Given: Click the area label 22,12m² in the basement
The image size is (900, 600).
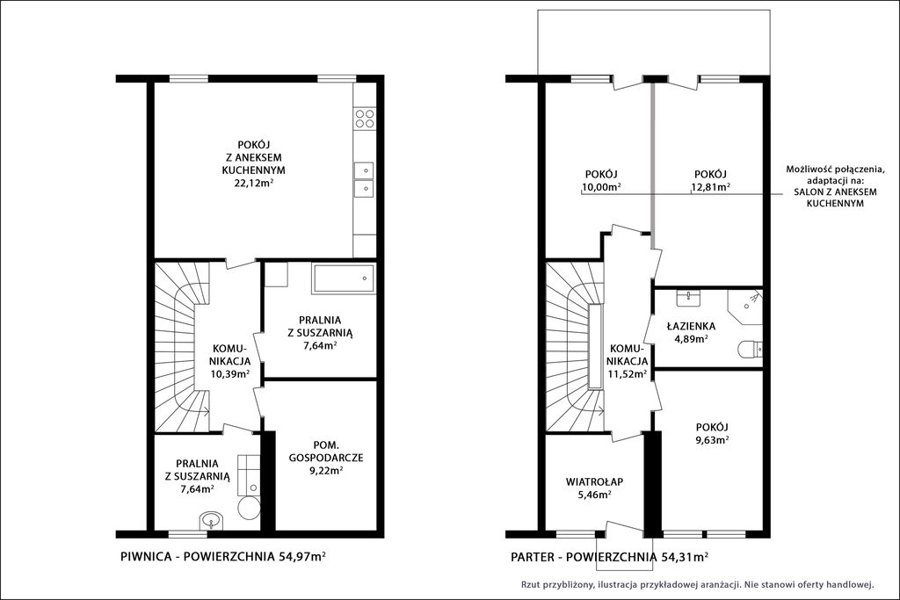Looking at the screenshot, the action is coord(253,183).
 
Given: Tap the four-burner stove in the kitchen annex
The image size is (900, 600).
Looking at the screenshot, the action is coord(365,119).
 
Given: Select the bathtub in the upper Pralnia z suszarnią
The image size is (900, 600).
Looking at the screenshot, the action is coord(344,278).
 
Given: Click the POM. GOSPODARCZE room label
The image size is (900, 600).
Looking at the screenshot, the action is coord(327,452).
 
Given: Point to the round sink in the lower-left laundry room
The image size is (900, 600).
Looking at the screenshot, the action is coord(212,522).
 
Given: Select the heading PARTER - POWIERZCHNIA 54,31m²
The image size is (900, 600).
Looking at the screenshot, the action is coord(609,556).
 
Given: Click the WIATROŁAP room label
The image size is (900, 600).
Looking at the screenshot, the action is coord(594,481).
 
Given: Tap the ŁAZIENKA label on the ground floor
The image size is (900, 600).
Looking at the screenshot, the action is coord(691,327).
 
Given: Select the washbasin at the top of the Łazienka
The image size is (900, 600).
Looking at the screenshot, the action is coord(687,297).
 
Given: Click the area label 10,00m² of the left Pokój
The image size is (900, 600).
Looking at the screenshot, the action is coord(601,187).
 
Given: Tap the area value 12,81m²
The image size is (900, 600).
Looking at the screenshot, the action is coord(710,187).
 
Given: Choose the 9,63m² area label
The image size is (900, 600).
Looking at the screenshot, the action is coord(712,440).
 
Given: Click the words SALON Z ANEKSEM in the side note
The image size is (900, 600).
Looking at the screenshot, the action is coord(835,192).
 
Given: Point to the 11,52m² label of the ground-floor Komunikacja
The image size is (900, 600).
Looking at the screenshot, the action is coord(628,374).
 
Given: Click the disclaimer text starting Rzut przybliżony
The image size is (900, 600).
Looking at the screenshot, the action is coord(697,585).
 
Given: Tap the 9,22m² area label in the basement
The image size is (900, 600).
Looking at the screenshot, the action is coord(326,470).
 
